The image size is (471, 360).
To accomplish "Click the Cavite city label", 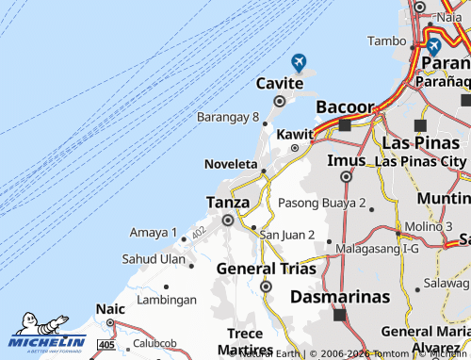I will pyautogui.click(x=279, y=84).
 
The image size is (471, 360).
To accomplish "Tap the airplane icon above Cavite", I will pyautogui.click(x=299, y=62).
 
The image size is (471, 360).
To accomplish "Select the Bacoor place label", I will pyautogui.click(x=344, y=106).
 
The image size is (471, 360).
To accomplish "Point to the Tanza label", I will pyautogui.click(x=228, y=202).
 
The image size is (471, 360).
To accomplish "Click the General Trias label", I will pyautogui.click(x=267, y=268).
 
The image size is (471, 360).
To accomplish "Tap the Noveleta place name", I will pyautogui.click(x=231, y=164).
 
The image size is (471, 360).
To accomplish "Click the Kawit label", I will pyautogui.click(x=294, y=134).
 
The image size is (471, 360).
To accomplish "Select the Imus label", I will pyautogui.click(x=346, y=159).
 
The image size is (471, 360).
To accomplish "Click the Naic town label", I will pyautogui.click(x=110, y=308).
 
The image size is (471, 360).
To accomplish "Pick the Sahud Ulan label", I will pyautogui.click(x=154, y=258).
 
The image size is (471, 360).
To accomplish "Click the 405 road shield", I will pyautogui.click(x=106, y=346).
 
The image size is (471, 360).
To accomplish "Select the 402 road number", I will pyautogui.click(x=198, y=232).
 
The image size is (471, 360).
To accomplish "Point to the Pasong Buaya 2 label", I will pyautogui.click(x=322, y=203).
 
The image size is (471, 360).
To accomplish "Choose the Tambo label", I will pyautogui.click(x=386, y=41).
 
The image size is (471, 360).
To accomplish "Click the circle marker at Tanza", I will pyautogui.click(x=227, y=221).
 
